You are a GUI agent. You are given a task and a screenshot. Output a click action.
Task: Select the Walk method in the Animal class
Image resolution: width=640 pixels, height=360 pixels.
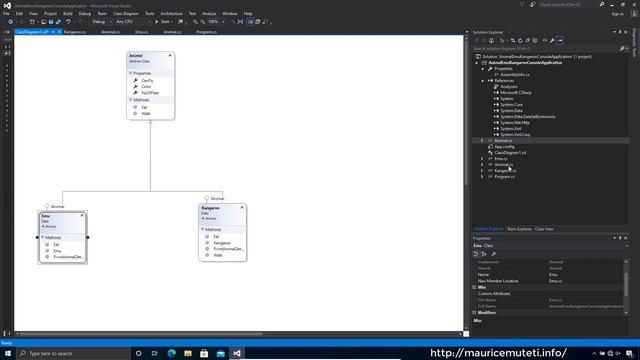146,113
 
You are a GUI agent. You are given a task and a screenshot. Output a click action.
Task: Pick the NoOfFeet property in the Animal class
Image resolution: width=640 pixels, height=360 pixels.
150,93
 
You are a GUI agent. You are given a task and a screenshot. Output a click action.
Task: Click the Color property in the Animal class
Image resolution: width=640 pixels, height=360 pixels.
147,86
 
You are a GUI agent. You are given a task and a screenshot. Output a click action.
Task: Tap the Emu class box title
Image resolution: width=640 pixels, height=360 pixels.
47,216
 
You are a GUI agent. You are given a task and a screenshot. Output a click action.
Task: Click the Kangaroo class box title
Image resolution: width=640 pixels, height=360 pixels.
212,208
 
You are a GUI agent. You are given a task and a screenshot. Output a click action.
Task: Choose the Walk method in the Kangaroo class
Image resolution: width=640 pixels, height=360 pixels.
217,255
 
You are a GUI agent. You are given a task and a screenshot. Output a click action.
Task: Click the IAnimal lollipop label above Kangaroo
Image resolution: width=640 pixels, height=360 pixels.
216,199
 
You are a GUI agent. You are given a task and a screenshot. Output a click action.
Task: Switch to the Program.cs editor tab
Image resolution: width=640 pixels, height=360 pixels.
208,31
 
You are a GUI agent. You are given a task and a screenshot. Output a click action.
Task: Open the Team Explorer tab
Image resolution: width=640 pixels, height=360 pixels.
519,229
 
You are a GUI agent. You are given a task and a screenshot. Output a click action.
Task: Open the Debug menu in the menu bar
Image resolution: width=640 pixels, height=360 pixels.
84,13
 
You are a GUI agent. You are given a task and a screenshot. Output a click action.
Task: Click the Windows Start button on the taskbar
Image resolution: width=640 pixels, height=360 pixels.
8,353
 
